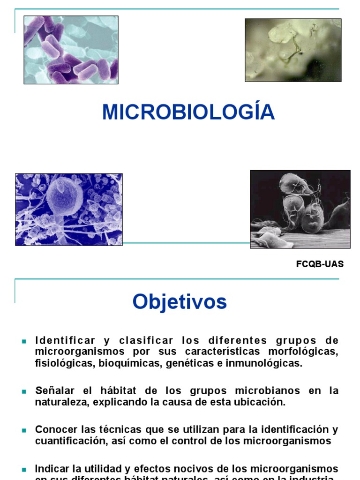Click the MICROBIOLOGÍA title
[188, 112]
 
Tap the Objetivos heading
[180, 301]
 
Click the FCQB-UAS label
[320, 264]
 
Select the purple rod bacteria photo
[71, 50]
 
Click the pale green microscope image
[293, 50]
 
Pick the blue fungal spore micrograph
[69, 210]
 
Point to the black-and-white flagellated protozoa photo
[300, 209]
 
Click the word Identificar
[65, 340]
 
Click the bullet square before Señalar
[24, 391]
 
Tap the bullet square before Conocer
[24, 430]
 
